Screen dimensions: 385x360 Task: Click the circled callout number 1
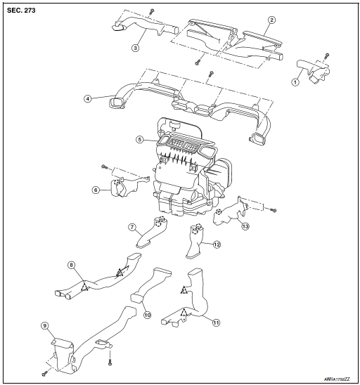pos(295,81)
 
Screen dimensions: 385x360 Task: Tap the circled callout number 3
pos(136,48)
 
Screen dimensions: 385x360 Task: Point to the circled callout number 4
pos(88,98)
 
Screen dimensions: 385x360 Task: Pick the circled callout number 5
pos(140,140)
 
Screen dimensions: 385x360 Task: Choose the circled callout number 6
pos(96,190)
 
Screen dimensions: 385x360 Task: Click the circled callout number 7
pos(131,227)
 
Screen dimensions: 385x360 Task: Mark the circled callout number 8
pos(71,265)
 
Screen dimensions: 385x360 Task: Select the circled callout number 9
pos(44,325)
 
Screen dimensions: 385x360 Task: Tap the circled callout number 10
pos(148,315)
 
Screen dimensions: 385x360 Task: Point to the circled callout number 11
pos(215,323)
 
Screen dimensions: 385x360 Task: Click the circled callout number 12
pos(217,244)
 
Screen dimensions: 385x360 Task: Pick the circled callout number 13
pos(245,226)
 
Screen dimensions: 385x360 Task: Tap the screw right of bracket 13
pos(273,209)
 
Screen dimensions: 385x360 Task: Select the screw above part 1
pos(327,55)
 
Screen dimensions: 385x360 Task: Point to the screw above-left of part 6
pos(104,166)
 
